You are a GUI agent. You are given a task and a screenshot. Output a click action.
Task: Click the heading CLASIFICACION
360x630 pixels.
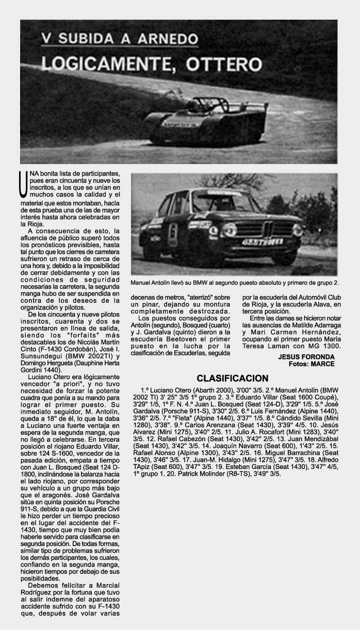(232, 378)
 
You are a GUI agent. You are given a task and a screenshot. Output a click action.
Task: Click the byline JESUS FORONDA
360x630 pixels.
(306, 357)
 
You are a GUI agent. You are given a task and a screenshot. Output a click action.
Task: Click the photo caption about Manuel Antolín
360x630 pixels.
(235, 283)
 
